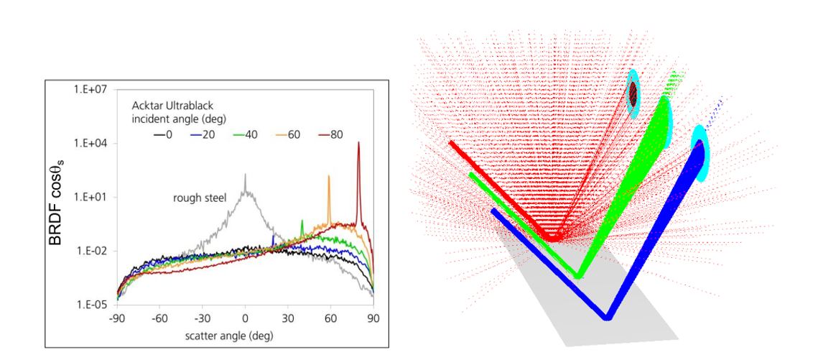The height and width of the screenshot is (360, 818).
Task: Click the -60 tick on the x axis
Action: pos(159,316)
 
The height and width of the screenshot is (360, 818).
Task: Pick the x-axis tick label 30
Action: pos(287,316)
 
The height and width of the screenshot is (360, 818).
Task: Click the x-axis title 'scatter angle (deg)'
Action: pos(244,335)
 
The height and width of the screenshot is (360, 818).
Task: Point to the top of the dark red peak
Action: pos(358,143)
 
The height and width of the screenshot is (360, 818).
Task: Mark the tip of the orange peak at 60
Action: pos(330,176)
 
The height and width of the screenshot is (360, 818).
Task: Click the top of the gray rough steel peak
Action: pos(245,175)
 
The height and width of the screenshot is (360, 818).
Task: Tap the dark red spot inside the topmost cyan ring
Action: pos(633,93)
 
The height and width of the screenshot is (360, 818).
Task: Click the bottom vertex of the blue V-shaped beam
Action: pos(607,317)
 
